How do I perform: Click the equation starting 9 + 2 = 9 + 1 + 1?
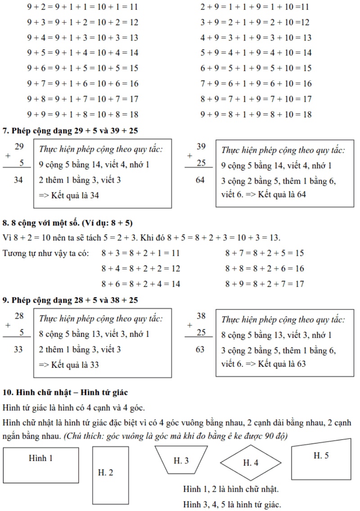(82, 7)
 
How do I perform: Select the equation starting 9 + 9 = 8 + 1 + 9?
(256, 114)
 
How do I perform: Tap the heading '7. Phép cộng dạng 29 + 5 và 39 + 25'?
(70, 131)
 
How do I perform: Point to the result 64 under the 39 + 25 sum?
(200, 180)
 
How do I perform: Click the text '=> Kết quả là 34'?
(69, 195)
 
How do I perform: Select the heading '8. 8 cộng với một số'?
(67, 223)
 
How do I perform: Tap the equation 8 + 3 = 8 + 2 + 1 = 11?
(140, 253)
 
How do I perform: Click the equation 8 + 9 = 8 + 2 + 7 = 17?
(265, 284)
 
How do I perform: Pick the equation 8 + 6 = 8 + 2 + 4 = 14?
(141, 284)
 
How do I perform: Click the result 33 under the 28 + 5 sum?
(18, 349)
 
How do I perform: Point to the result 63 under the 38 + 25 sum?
(200, 349)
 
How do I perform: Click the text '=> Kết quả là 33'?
(69, 364)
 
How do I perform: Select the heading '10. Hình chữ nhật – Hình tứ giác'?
(65, 393)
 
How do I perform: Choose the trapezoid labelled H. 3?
(181, 460)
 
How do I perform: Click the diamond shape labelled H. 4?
(251, 462)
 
